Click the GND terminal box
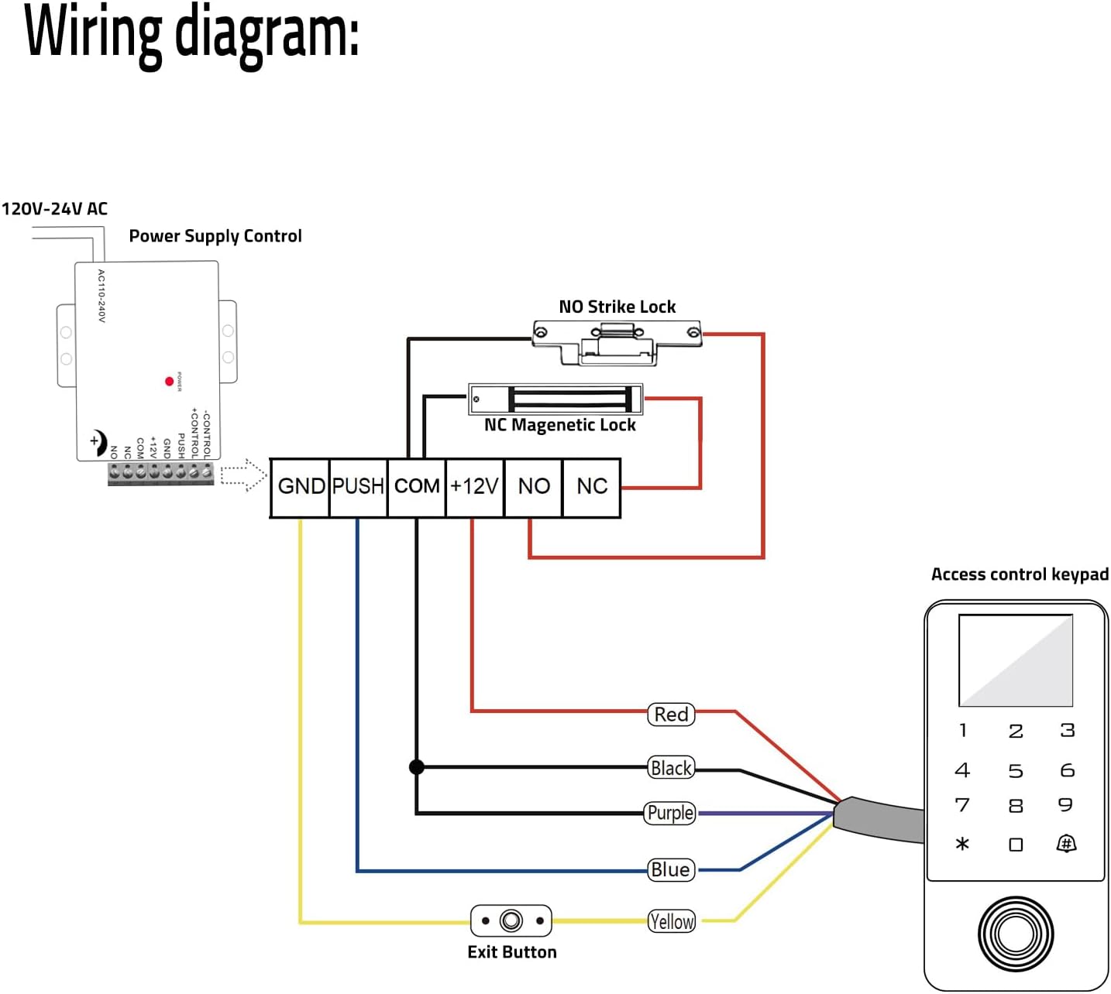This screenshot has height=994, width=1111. pyautogui.click(x=301, y=487)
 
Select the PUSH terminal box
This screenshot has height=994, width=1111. pyautogui.click(x=358, y=487)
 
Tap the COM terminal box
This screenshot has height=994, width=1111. pyautogui.click(x=417, y=487)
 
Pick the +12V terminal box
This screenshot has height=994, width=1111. pyautogui.click(x=474, y=487)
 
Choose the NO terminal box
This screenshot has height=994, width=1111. pyautogui.click(x=533, y=487)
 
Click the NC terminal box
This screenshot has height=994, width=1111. pyautogui.click(x=591, y=487)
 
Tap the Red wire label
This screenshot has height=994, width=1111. pyautogui.click(x=671, y=715)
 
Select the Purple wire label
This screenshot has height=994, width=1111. pyautogui.click(x=670, y=814)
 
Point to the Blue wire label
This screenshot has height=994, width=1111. pyautogui.click(x=670, y=870)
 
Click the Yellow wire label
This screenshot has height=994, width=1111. pyautogui.click(x=671, y=921)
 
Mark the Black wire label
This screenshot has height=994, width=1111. pyautogui.click(x=671, y=768)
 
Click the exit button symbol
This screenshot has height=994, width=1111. pyautogui.click(x=511, y=921)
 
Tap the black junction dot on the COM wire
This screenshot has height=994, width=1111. pyautogui.click(x=417, y=767)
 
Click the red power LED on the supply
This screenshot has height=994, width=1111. pyautogui.click(x=169, y=382)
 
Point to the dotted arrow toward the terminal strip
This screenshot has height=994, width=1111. pyautogui.click(x=243, y=475)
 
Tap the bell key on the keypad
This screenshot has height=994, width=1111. pyautogui.click(x=1066, y=844)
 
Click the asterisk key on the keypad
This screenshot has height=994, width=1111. pyautogui.click(x=962, y=844)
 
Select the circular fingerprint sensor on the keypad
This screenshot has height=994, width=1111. pyautogui.click(x=1015, y=934)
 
